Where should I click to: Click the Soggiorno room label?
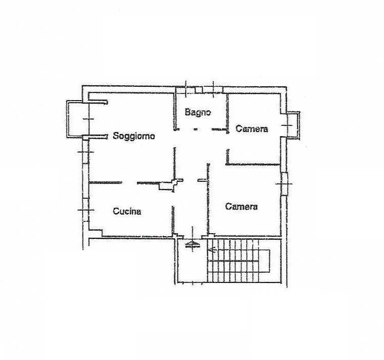(134, 136)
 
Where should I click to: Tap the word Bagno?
(198, 112)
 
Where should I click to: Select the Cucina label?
(127, 211)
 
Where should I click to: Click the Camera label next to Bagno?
(252, 128)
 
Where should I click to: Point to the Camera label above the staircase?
(241, 206)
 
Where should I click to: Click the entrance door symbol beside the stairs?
(193, 244)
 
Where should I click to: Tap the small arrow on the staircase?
(212, 250)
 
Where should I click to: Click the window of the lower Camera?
(284, 183)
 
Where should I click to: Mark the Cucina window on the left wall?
(86, 210)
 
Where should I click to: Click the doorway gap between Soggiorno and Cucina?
(129, 183)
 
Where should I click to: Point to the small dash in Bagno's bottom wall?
(195, 129)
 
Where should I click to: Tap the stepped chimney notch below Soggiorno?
(171, 184)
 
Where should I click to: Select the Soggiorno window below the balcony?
(85, 152)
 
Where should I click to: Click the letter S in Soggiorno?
(116, 136)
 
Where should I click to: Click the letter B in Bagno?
(188, 112)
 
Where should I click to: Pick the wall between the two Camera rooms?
(253, 164)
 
